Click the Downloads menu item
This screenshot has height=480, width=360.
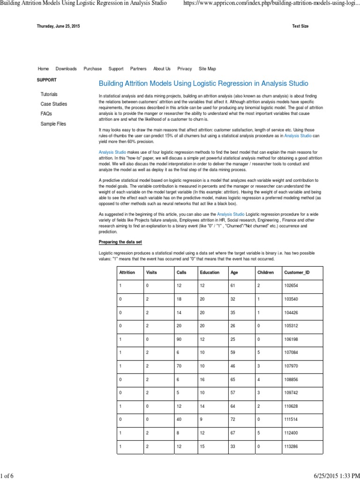click(x=66, y=69)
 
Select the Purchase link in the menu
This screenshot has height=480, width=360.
click(x=92, y=69)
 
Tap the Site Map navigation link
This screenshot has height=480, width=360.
click(x=207, y=69)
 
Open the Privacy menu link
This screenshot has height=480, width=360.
click(x=185, y=69)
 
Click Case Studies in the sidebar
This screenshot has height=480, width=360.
click(x=53, y=104)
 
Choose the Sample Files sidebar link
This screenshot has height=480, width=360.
click(x=53, y=124)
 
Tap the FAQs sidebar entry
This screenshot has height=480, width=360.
click(x=46, y=114)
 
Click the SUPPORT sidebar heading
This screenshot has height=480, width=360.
click(x=47, y=80)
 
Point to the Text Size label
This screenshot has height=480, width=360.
click(x=300, y=26)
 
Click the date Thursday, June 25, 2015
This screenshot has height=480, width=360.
click(x=59, y=26)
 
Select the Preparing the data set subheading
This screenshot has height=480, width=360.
click(x=120, y=242)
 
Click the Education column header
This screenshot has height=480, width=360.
click(x=210, y=272)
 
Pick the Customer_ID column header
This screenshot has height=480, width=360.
click(x=297, y=272)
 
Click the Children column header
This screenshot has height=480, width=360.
click(x=266, y=272)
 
